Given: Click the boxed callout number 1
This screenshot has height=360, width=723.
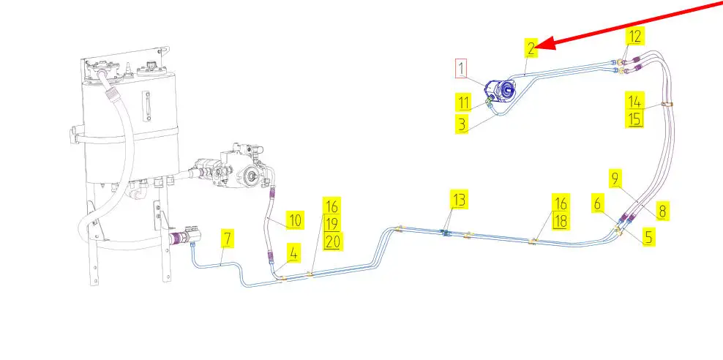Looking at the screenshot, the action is pos(461,69).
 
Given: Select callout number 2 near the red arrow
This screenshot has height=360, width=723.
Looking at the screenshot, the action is pos(531,49).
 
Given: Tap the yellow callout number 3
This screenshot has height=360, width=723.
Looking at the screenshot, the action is pos(461,123).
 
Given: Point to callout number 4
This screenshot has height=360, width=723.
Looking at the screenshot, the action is pos(293,253).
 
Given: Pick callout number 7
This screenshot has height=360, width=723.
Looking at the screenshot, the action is pos(228,238).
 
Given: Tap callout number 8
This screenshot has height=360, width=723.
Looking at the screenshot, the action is pos(662,211).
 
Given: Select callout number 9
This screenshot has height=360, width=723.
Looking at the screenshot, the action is pos(615,177).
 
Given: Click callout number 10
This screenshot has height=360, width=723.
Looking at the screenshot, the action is pos(294,220).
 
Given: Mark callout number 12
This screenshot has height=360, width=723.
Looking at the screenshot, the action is pos(635,35).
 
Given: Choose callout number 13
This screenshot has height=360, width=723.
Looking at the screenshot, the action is pos(458,199).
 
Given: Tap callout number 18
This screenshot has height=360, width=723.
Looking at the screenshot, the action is pos(561,221).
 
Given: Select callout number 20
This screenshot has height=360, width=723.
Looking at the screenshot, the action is pos(332,241).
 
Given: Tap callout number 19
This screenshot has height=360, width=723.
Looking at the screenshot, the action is pos(332,223).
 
